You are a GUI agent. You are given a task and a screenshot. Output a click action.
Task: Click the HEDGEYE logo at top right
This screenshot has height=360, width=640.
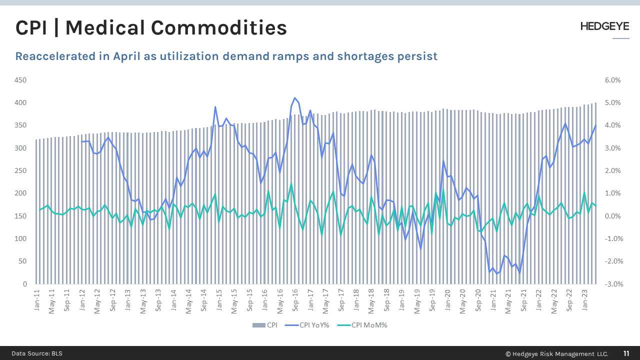(x=604, y=26)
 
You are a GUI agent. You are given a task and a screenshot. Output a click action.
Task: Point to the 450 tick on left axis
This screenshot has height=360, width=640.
(x=20, y=80)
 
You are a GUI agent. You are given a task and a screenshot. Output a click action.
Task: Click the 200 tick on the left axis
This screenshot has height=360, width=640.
(x=20, y=193)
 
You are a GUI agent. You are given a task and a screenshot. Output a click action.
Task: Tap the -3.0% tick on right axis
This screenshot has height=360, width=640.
(x=612, y=284)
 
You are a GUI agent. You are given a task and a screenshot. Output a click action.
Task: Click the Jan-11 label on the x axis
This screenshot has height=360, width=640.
(x=37, y=300)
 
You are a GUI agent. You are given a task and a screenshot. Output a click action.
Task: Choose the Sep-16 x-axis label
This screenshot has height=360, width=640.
(x=295, y=301)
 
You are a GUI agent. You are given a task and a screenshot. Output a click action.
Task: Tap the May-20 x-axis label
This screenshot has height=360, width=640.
(x=462, y=301)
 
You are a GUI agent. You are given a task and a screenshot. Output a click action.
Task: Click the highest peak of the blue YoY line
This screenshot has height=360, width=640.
(x=294, y=98)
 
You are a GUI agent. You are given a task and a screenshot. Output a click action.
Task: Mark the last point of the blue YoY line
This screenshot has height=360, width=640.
(x=595, y=125)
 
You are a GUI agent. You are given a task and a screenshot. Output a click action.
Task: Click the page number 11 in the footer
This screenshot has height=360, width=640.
(x=626, y=353)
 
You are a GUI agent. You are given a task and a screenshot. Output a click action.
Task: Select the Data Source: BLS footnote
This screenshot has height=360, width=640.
(x=37, y=353)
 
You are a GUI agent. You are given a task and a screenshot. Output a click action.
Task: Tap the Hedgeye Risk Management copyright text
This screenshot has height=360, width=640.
(x=556, y=353)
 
